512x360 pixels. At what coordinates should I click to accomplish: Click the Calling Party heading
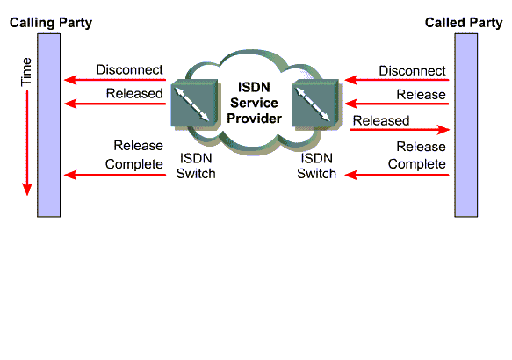(51, 23)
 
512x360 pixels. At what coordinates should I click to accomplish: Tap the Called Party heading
(464, 23)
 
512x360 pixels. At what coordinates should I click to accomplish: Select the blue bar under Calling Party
(48, 126)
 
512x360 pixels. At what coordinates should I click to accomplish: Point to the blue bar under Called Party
(466, 126)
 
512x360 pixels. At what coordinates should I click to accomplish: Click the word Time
(26, 72)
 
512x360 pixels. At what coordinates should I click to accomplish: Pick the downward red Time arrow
(27, 143)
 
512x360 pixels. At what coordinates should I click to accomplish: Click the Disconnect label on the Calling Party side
(129, 70)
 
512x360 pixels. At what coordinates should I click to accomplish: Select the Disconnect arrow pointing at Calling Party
(115, 80)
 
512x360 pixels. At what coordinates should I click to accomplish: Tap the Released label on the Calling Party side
(134, 94)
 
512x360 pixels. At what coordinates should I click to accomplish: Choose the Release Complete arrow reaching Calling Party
(115, 175)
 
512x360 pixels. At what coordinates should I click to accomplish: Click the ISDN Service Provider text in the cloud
(254, 103)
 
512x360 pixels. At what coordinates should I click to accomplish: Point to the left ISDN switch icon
(195, 103)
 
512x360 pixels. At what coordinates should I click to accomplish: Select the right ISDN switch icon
(315, 103)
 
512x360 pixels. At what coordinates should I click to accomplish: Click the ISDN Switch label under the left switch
(196, 166)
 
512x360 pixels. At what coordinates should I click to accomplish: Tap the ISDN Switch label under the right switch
(316, 166)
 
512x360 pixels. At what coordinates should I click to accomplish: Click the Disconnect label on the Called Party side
(412, 71)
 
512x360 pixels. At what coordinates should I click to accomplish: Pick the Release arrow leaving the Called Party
(397, 104)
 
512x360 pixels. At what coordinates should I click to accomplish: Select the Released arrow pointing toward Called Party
(400, 130)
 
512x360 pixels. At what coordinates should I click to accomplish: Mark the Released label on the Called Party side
(381, 121)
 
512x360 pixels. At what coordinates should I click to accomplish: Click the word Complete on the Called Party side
(416, 164)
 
